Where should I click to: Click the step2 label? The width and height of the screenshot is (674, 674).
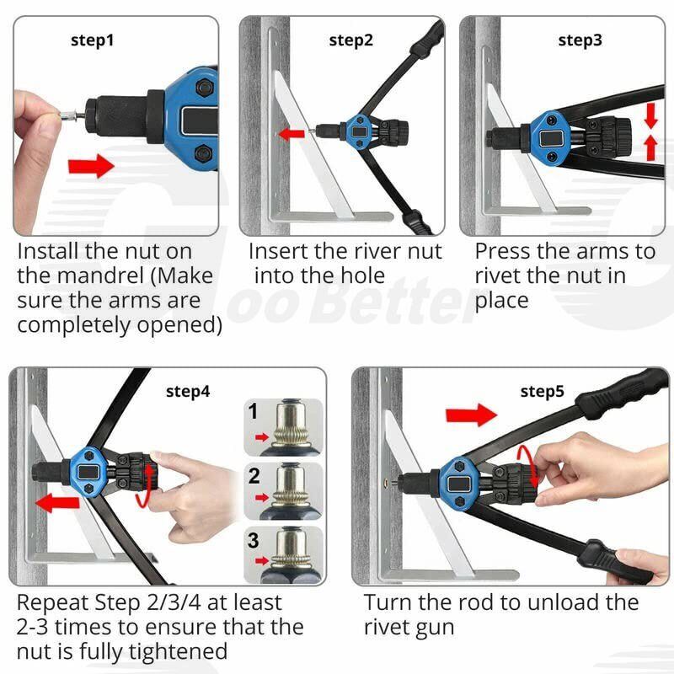(350, 40)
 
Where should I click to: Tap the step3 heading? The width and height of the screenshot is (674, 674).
(580, 40)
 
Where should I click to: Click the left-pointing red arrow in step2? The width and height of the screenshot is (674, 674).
(293, 133)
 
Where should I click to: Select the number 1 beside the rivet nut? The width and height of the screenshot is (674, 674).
(254, 412)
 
